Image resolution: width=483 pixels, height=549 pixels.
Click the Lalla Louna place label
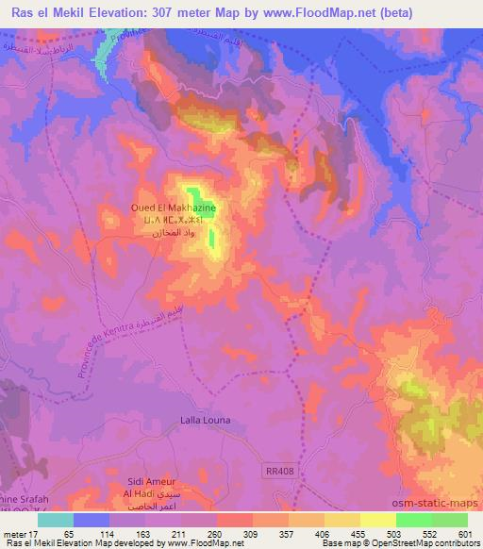(x=205, y=420)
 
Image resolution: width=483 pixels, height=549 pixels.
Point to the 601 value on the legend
(x=465, y=533)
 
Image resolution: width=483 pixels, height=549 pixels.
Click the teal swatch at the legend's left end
(x=56, y=520)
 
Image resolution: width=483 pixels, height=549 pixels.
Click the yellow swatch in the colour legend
(x=378, y=520)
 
